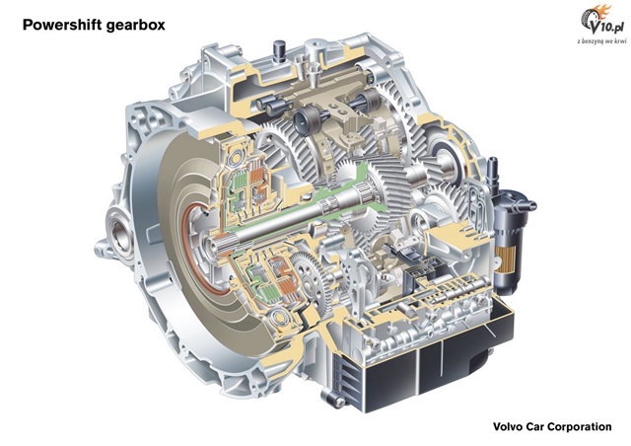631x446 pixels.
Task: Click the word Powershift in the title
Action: pyautogui.click(x=62, y=25)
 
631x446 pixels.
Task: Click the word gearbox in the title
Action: pyautogui.click(x=136, y=25)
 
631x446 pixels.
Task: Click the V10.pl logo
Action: pyautogui.click(x=602, y=23)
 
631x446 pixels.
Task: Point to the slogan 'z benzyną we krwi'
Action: pyautogui.click(x=601, y=41)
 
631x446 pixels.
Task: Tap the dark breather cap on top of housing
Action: pyautogui.click(x=278, y=50)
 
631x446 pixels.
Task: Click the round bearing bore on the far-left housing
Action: pyautogui.click(x=120, y=235)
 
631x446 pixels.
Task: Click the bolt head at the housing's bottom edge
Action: pyautogui.click(x=337, y=400)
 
